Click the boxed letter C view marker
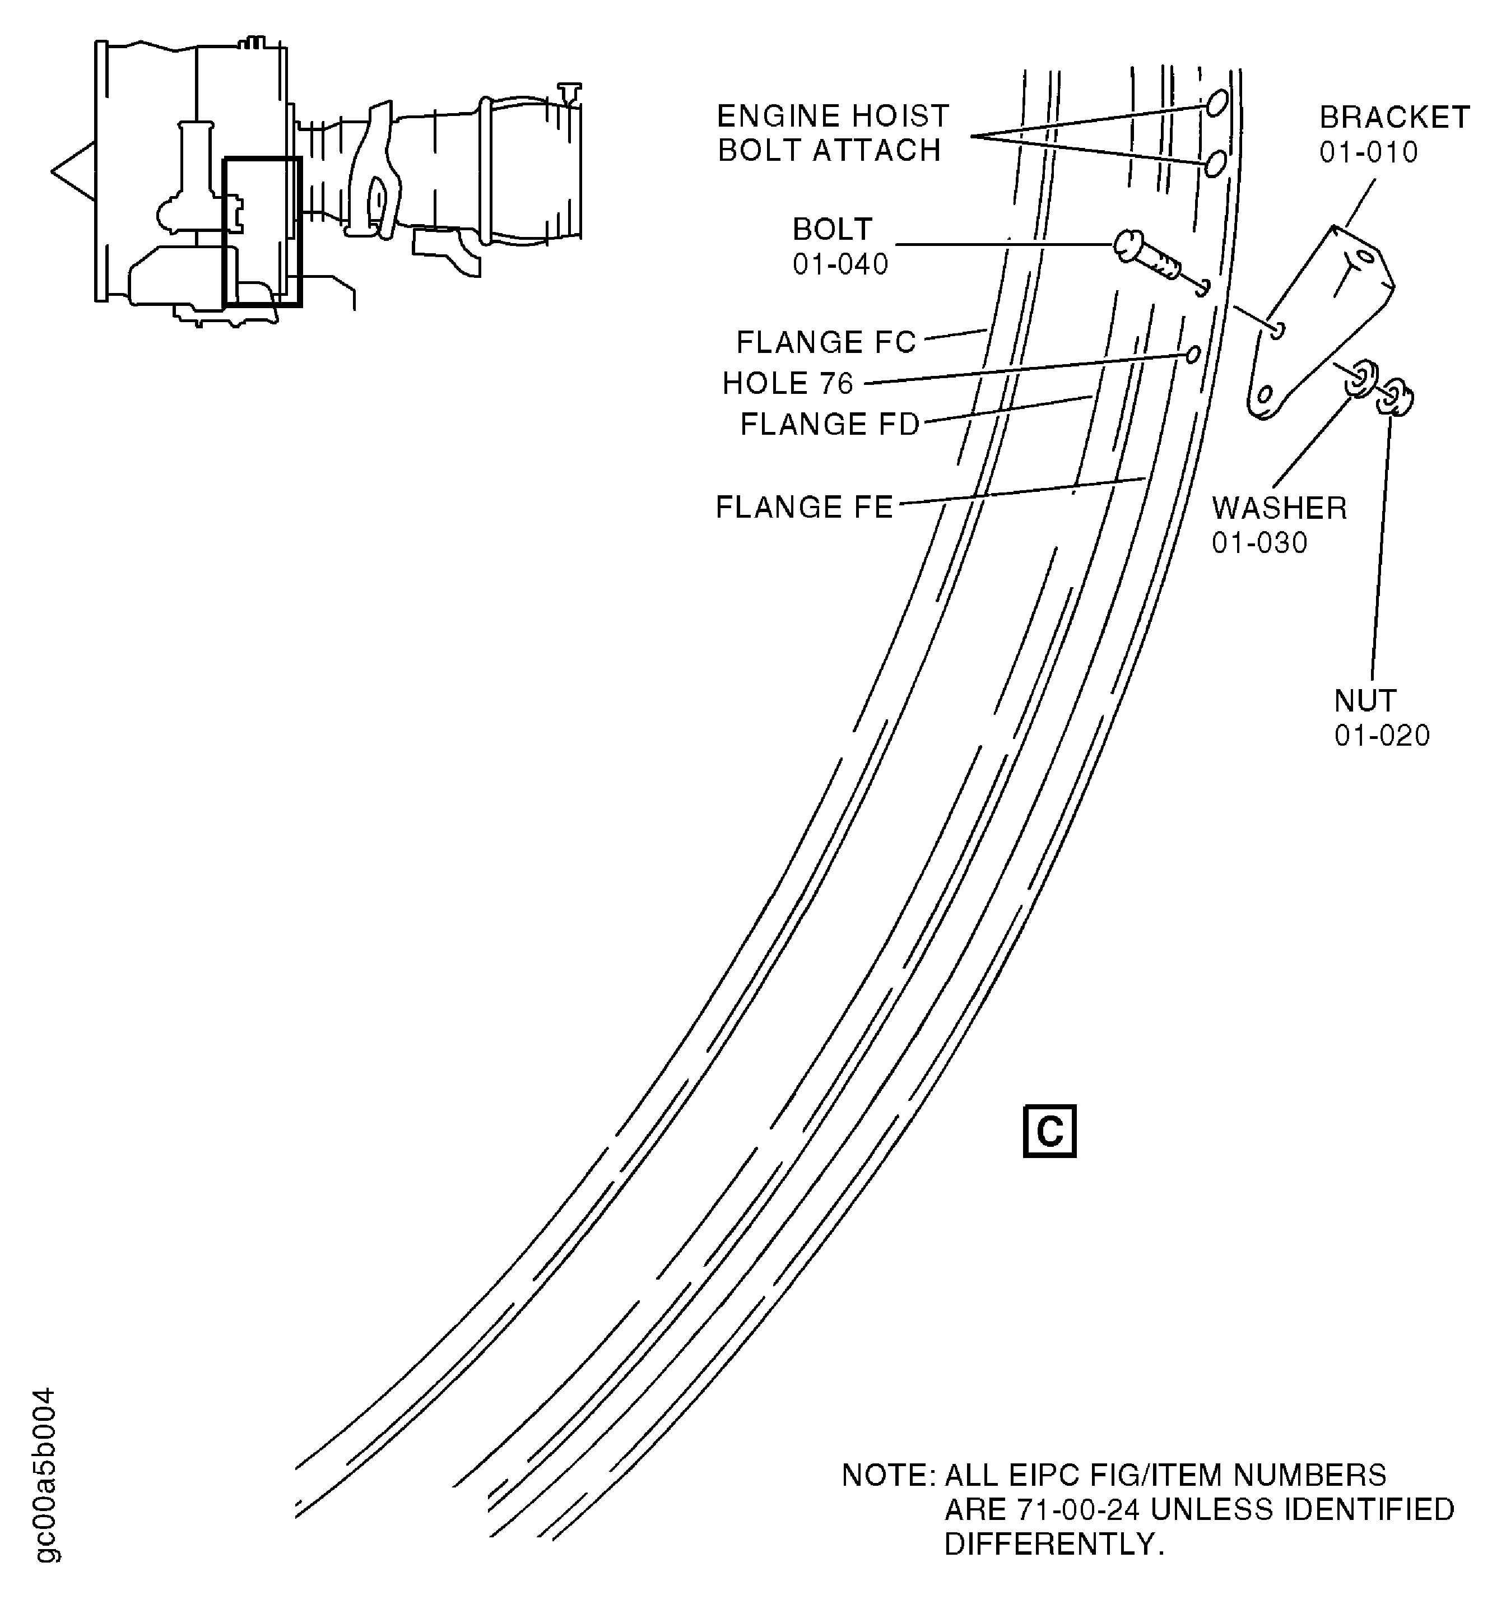click(x=1048, y=1131)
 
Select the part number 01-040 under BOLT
click(x=839, y=264)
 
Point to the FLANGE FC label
click(x=825, y=342)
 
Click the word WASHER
click(x=1279, y=508)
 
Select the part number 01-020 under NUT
click(x=1382, y=735)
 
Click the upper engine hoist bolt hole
click(x=1217, y=103)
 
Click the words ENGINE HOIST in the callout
click(x=832, y=116)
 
